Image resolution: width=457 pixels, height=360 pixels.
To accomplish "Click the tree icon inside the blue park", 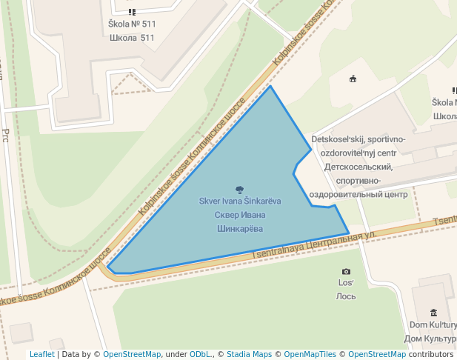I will pyautogui.click(x=239, y=190).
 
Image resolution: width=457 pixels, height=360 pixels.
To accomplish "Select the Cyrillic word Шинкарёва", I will pyautogui.click(x=239, y=228).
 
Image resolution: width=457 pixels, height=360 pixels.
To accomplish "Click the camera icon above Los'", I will pyautogui.click(x=346, y=272).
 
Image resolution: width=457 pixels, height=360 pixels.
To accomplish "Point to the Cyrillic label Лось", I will pyautogui.click(x=346, y=296).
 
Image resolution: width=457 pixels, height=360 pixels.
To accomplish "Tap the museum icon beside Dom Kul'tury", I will pyautogui.click(x=433, y=313).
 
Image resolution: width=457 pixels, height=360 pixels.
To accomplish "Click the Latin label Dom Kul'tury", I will pyautogui.click(x=433, y=325).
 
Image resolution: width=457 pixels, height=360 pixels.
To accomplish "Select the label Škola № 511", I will pyautogui.click(x=132, y=24).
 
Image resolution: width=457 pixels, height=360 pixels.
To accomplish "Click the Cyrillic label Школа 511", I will pyautogui.click(x=132, y=38).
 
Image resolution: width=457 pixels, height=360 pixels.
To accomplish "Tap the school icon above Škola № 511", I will pyautogui.click(x=132, y=12).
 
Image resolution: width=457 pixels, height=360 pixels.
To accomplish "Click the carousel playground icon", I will pyautogui.click(x=353, y=79).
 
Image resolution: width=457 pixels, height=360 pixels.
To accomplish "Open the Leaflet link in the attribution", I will pyautogui.click(x=41, y=354).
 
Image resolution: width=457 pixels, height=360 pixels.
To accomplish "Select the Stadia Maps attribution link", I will pyautogui.click(x=249, y=354).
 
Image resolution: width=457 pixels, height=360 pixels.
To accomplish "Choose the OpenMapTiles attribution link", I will pyautogui.click(x=310, y=354).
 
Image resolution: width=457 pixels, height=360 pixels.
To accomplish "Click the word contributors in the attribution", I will pyautogui.click(x=431, y=354).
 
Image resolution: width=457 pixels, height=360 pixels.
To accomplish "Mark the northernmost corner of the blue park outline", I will pyautogui.click(x=270, y=86).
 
